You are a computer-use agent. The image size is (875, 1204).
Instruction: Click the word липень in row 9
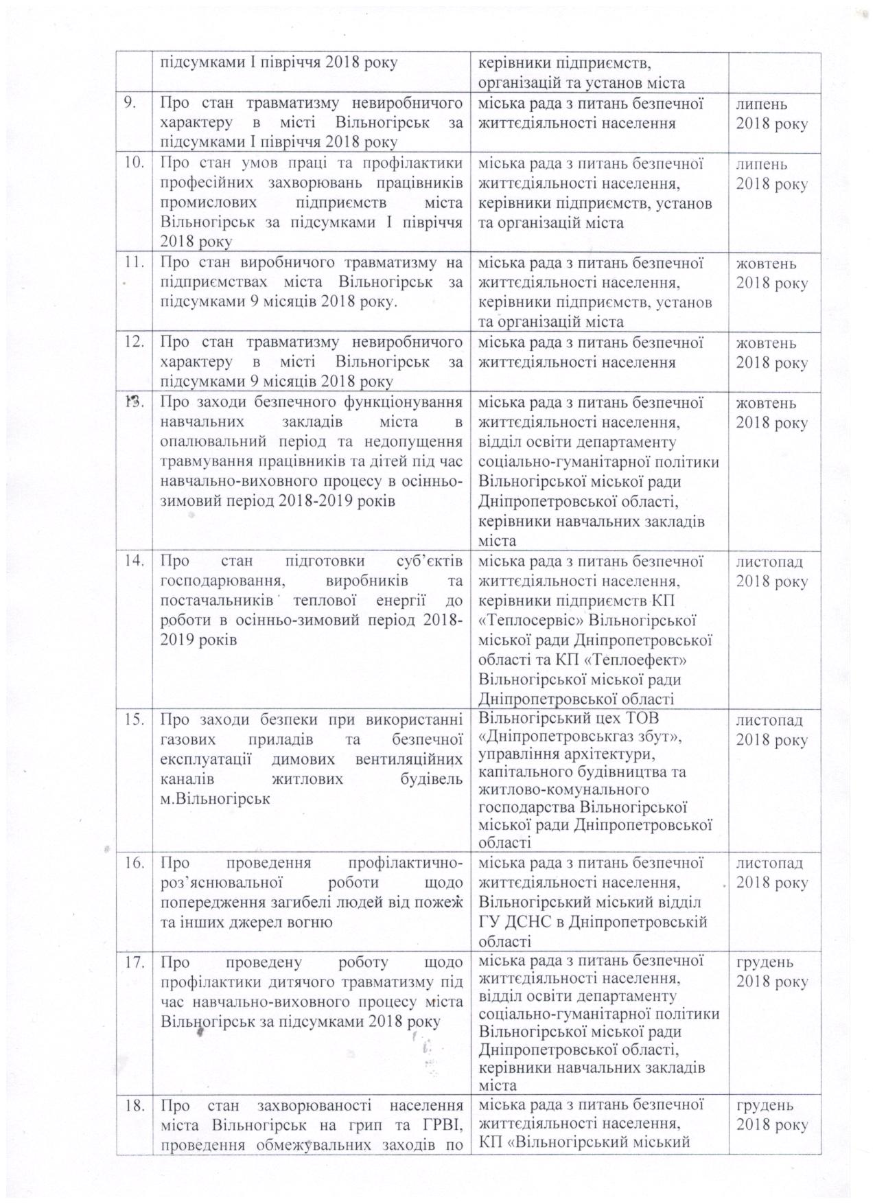pos(761,104)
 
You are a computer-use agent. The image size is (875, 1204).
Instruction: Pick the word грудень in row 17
pos(765,962)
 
